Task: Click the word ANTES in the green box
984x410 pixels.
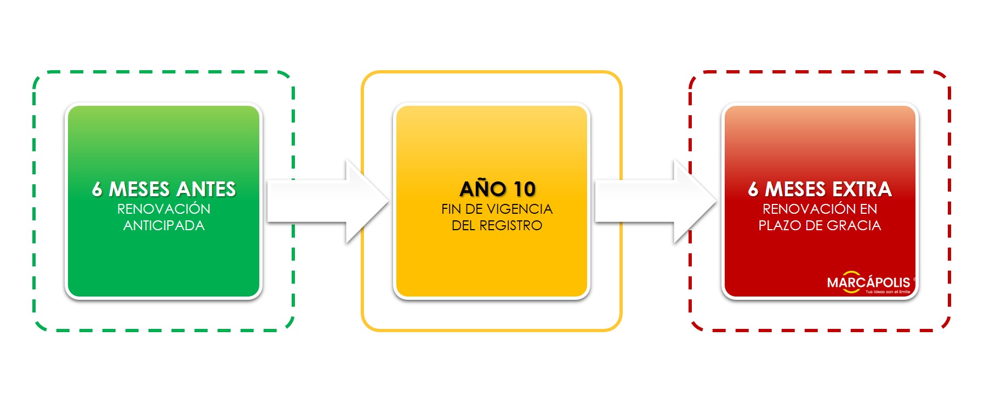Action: point(207,189)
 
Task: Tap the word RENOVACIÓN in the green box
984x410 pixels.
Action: point(163,209)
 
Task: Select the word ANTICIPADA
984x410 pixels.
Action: point(163,225)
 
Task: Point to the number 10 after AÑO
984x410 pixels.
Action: point(524,189)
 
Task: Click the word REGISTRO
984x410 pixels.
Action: point(510,225)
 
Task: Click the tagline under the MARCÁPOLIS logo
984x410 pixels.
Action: point(888,292)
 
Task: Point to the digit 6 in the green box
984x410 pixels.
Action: point(97,189)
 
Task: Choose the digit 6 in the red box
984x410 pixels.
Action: point(753,189)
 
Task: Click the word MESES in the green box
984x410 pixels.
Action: point(139,189)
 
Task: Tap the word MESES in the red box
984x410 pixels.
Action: point(795,189)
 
